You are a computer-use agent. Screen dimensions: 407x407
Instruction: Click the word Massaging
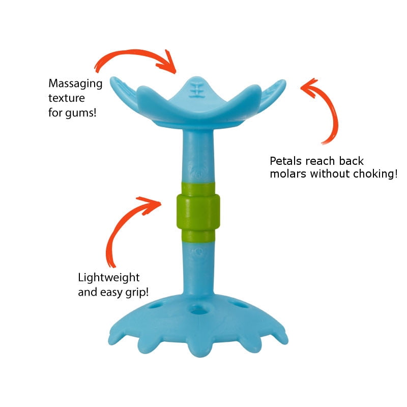(75, 84)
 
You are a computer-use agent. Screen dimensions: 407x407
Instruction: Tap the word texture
(67, 98)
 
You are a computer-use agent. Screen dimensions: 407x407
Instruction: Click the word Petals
(286, 161)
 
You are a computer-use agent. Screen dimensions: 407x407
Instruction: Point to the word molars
(288, 173)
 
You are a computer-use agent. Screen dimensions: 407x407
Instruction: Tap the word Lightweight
(109, 278)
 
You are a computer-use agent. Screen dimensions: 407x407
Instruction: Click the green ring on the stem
(198, 212)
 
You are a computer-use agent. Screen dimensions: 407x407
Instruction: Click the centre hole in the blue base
(198, 309)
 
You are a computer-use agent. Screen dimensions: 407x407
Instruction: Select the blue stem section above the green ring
(198, 156)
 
